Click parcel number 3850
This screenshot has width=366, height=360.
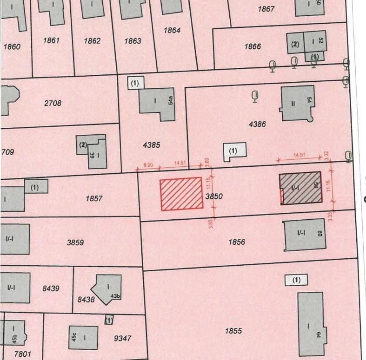[214, 196]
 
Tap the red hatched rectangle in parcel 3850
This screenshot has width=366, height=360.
[181, 194]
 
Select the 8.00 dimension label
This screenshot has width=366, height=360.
[148, 164]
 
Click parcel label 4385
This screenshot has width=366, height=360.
[152, 145]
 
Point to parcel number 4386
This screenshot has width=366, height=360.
[257, 124]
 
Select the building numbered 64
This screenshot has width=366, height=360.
[310, 323]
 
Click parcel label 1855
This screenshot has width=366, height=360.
[233, 331]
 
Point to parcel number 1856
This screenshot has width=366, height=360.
[237, 242]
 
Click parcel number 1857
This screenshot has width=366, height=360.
[94, 198]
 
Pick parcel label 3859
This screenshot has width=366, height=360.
[75, 242]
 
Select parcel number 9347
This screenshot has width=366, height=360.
[122, 338]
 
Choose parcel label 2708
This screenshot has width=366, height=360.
[53, 103]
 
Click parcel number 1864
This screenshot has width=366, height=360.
[172, 30]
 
